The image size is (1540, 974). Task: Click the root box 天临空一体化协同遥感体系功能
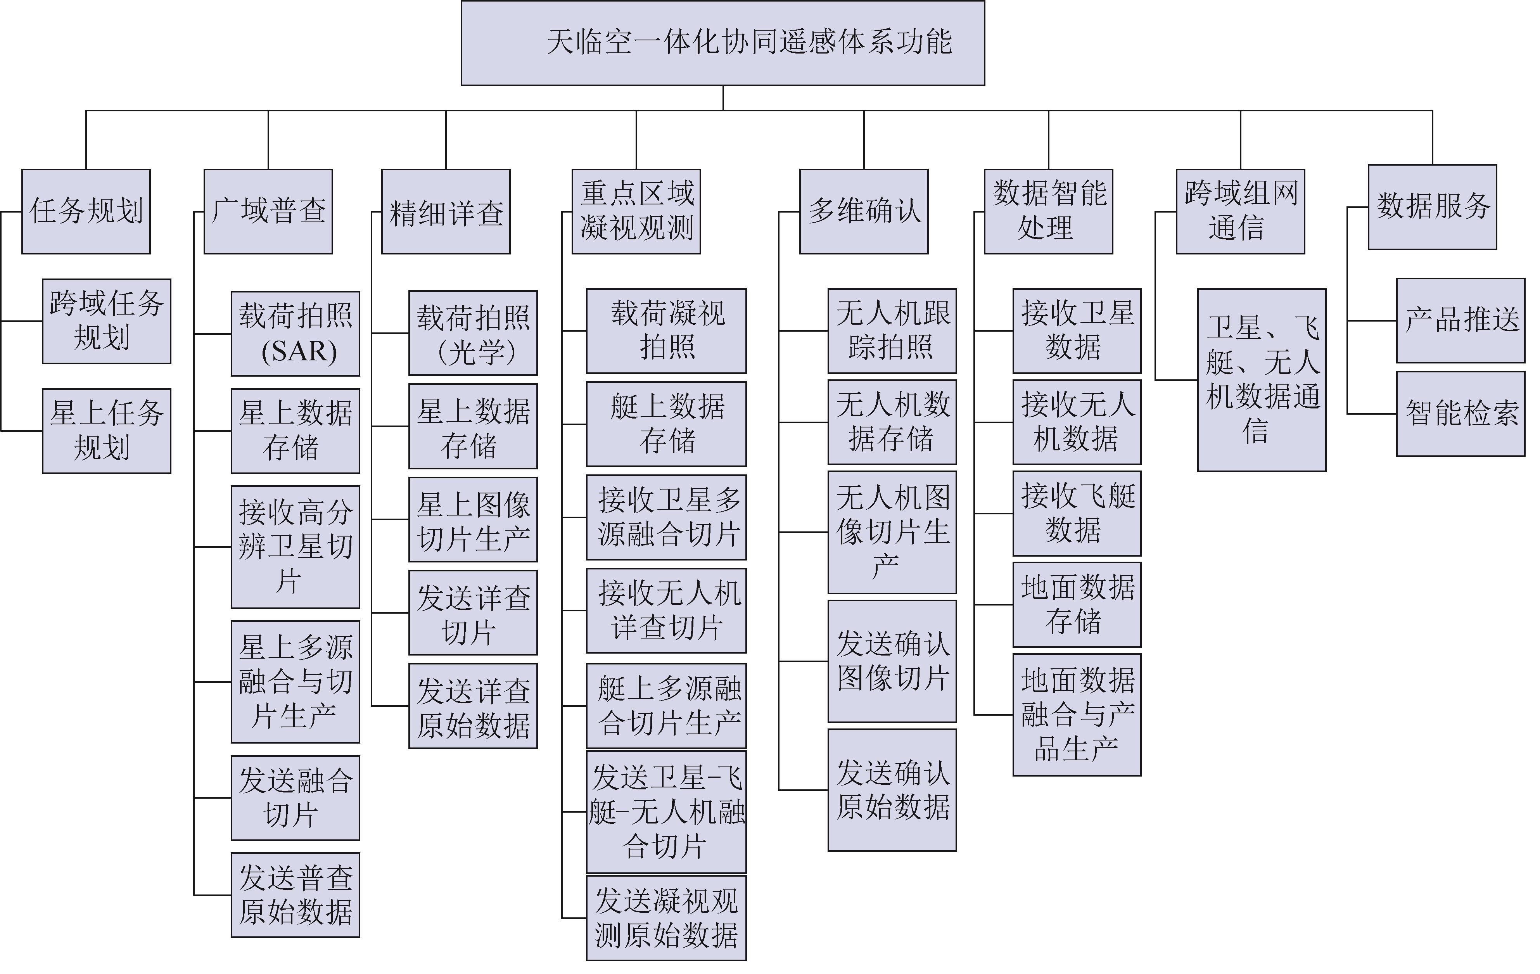(722, 43)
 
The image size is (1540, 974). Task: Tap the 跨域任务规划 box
(106, 321)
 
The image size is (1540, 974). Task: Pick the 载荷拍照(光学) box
(473, 333)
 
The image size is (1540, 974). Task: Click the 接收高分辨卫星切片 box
(296, 547)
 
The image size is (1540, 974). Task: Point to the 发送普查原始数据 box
(296, 895)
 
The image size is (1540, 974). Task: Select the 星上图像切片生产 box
(473, 519)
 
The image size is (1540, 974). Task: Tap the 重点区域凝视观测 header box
(636, 212)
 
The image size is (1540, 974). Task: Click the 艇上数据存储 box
(666, 424)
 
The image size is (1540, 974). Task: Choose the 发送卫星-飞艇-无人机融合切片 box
(666, 812)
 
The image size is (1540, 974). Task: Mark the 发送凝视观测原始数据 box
(666, 919)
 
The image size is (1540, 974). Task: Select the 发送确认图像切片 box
(892, 661)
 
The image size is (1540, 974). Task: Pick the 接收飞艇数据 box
(1077, 514)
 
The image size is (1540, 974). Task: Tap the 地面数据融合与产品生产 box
(1077, 714)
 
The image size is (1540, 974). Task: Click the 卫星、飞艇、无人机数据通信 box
(1262, 380)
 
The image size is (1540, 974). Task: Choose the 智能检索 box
(1461, 414)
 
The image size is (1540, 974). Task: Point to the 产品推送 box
(1461, 320)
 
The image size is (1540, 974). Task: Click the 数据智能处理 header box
(1048, 212)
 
